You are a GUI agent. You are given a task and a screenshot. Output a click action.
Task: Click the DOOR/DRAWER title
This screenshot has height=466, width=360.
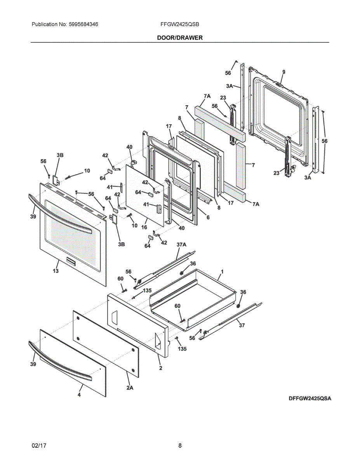[x=180, y=38]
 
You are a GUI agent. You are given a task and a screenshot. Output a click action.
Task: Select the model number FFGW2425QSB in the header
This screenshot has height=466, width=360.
[x=180, y=24]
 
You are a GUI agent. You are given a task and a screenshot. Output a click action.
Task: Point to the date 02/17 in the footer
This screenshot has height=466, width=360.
[x=39, y=446]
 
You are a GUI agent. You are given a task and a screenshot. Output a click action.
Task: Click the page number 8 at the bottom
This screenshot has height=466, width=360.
[x=180, y=446]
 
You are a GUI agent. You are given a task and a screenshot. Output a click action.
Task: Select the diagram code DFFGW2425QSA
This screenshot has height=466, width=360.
[x=310, y=398]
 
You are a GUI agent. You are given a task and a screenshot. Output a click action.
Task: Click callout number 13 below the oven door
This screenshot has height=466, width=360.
[x=56, y=271]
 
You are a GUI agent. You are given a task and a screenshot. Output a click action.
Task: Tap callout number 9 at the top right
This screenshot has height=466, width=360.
[x=283, y=72]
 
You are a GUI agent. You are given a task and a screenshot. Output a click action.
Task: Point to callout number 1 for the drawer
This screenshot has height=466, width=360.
[x=222, y=271]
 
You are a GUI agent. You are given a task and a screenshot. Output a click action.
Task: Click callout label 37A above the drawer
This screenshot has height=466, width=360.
[x=181, y=245]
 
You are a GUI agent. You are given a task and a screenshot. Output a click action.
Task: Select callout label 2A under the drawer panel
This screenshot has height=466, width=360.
[x=129, y=388]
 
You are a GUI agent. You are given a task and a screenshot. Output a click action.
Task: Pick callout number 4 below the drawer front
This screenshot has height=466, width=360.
[x=79, y=395]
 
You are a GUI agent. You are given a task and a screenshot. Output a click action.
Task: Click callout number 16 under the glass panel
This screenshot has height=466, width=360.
[x=144, y=227]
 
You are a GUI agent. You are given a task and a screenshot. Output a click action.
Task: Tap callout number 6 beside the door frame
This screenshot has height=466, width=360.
[x=208, y=217]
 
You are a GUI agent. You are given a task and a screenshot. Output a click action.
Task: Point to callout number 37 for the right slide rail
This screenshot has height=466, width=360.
[x=242, y=325]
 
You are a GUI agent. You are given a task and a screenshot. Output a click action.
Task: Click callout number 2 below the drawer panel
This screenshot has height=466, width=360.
[x=160, y=368]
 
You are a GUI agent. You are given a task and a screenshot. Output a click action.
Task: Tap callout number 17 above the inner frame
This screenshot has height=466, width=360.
[x=169, y=126]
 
